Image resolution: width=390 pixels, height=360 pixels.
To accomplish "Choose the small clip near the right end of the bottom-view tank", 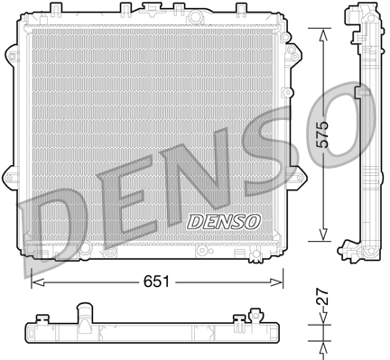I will [241, 317].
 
